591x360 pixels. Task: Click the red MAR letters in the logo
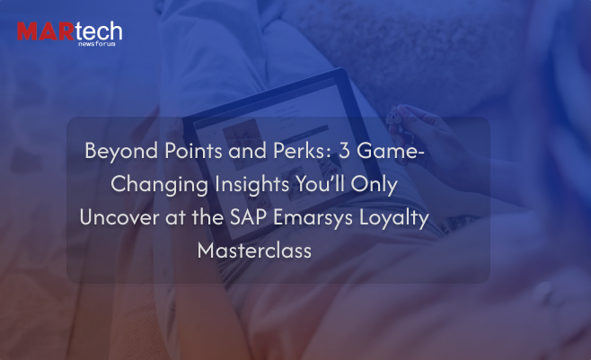[46, 31]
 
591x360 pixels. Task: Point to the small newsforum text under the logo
[96, 44]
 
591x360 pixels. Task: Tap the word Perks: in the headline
[302, 151]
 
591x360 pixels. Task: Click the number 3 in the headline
[344, 151]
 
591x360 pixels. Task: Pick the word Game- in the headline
[391, 151]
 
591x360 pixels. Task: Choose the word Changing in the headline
[159, 185]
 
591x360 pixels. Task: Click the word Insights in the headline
[251, 185]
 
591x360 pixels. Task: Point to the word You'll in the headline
[320, 184]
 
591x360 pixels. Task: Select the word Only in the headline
[374, 185]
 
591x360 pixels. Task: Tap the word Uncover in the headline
[119, 217]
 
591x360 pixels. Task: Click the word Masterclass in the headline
[254, 250]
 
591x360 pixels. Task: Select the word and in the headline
[247, 151]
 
